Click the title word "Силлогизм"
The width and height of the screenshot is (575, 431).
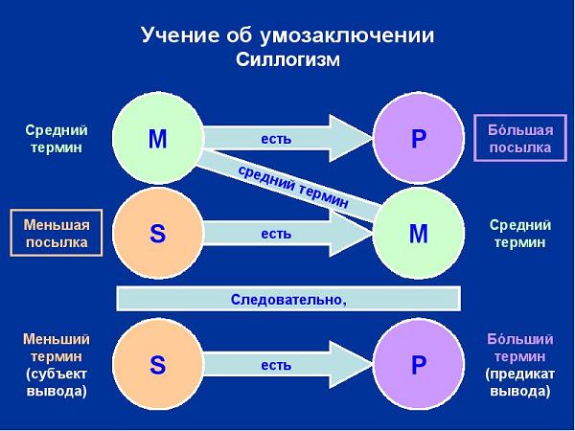[x=287, y=59]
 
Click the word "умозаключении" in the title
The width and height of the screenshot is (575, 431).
[x=347, y=35]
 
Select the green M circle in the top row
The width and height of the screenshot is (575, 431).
[x=158, y=138]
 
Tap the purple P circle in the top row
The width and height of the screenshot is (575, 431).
[x=419, y=138]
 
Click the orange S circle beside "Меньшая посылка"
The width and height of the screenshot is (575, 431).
[x=158, y=233]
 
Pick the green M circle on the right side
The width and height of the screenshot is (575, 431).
[x=419, y=233]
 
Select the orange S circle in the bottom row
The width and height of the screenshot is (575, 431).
[x=158, y=364]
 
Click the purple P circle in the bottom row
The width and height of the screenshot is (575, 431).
[x=419, y=364]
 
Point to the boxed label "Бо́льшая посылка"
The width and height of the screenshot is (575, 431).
[x=520, y=138]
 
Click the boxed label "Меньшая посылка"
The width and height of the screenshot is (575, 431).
[x=57, y=233]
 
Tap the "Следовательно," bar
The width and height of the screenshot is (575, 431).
[x=288, y=299]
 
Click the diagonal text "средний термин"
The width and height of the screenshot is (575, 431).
[x=293, y=187]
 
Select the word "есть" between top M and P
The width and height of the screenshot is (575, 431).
[x=276, y=139]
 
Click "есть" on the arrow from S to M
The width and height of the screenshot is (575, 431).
[x=276, y=234]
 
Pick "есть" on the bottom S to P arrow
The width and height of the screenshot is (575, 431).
[x=276, y=365]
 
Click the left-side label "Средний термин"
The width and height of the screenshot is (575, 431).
[x=57, y=139]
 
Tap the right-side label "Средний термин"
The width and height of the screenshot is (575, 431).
[x=520, y=233]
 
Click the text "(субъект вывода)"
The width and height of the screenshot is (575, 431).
[x=57, y=382]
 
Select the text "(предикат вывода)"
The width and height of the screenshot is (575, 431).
[x=520, y=382]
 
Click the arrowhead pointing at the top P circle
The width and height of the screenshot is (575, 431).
[x=351, y=138]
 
